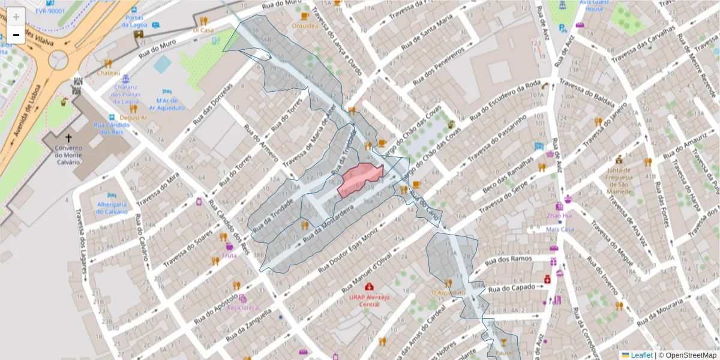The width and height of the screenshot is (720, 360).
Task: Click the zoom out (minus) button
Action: click(16, 35)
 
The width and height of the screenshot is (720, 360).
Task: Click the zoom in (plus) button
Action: click(16, 17)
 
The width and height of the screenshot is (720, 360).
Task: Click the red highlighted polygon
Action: click(359, 179)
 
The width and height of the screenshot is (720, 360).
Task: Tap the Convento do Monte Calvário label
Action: click(68, 155)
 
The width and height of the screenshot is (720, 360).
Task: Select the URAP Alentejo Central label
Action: click(369, 301)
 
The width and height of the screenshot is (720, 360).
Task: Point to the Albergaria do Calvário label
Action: click(112, 207)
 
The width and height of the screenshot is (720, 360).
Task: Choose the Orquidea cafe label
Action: click(305, 26)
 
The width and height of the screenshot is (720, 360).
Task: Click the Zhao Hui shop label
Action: click(559, 215)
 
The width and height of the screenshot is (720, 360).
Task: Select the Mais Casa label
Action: click(560, 229)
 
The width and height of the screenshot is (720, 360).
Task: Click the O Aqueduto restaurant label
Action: click(448, 293)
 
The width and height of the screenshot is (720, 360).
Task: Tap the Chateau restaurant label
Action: click(109, 73)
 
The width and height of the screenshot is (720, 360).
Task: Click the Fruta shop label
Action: click(229, 255)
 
